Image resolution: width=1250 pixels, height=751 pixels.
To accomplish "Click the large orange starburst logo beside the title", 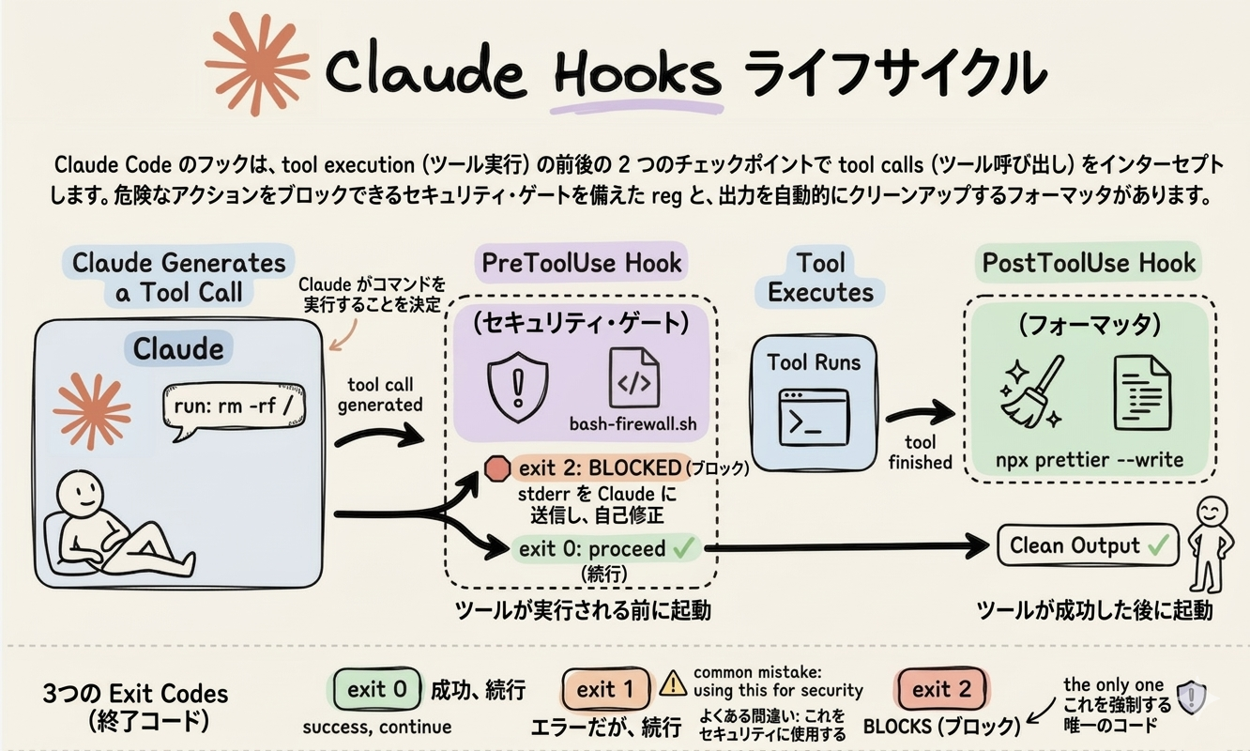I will coord(256,65).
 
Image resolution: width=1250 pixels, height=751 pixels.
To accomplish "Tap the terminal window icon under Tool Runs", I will coord(813,418).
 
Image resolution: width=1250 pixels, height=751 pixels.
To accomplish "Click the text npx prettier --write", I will coord(1090,461).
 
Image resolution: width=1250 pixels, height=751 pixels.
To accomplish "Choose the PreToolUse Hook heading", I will coord(581,263).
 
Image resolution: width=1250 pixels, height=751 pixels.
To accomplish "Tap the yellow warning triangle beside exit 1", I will coord(673,685).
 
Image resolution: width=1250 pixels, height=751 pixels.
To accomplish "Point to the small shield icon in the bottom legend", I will coord(1191,696).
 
